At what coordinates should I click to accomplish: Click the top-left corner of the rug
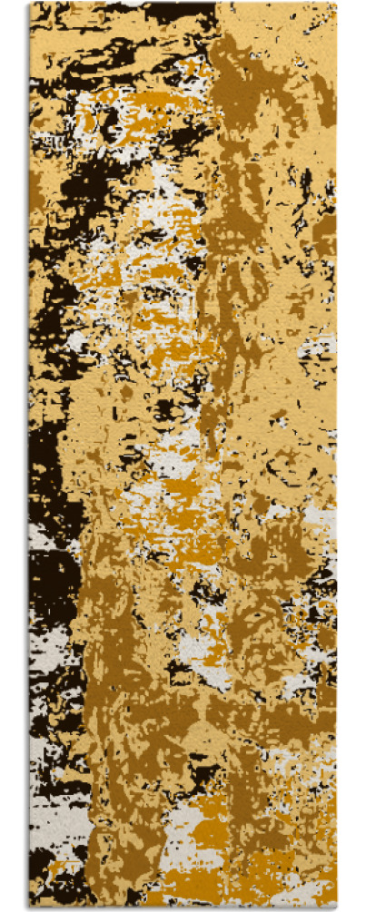[29, 4]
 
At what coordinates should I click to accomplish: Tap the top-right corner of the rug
[336, 4]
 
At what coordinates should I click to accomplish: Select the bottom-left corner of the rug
[29, 907]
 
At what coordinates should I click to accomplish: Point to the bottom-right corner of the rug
[336, 907]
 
